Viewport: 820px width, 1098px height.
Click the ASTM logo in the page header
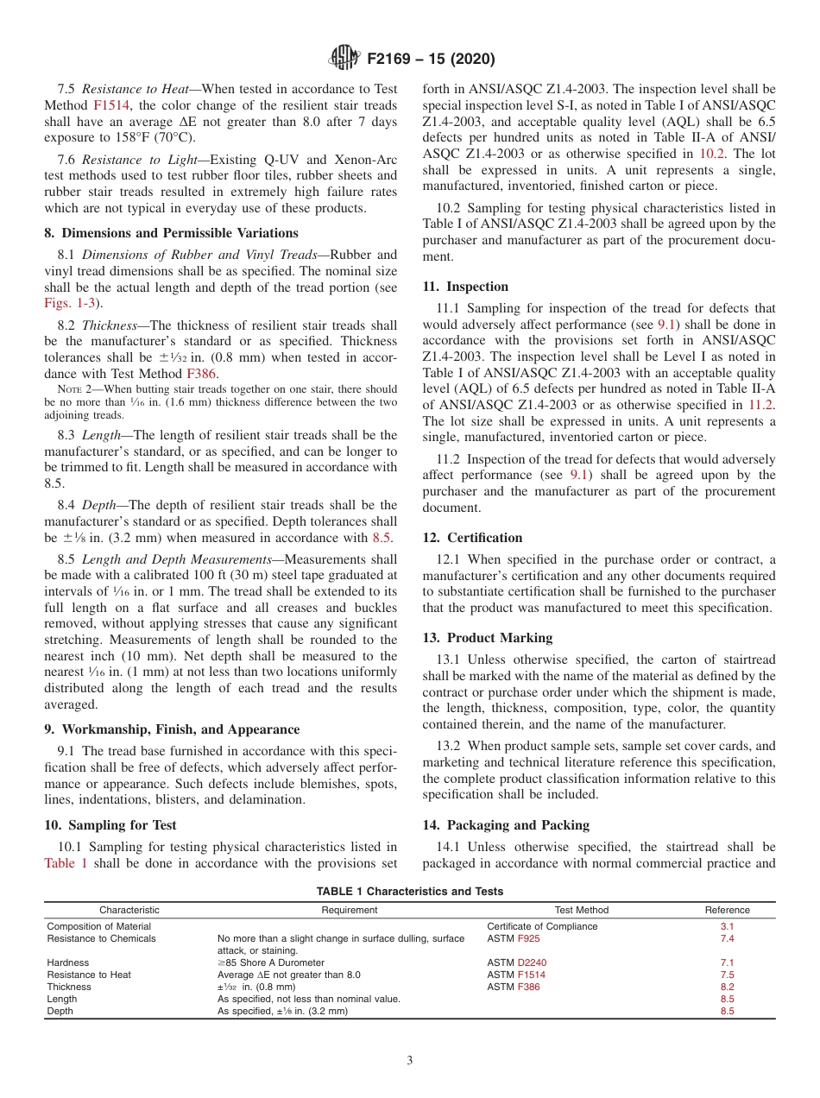point(346,59)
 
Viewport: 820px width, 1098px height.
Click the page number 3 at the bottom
point(410,1061)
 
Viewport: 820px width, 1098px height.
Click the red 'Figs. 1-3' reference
point(70,303)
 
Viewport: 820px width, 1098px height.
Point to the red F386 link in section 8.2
point(203,374)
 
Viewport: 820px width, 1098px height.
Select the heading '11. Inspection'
point(465,287)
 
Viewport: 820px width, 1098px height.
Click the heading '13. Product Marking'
point(488,638)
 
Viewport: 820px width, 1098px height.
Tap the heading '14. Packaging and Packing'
point(506,825)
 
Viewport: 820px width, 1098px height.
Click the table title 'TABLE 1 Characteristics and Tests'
point(410,892)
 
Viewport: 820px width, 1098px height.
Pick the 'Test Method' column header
point(581,910)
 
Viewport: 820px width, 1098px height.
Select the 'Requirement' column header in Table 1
point(349,910)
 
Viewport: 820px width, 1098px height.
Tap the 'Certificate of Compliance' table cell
point(542,926)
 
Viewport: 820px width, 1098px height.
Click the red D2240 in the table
point(532,962)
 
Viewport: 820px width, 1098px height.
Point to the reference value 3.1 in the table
point(727,926)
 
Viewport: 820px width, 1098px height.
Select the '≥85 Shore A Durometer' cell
point(270,962)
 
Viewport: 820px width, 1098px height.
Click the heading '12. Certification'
point(472,538)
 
